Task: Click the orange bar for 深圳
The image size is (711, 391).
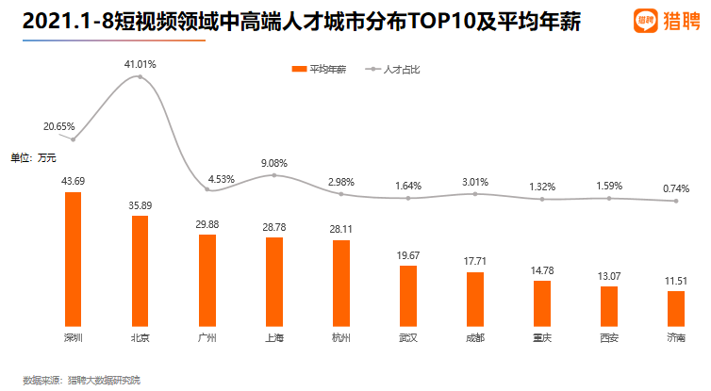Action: pyautogui.click(x=73, y=259)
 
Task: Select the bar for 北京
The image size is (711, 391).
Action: pyautogui.click(x=140, y=270)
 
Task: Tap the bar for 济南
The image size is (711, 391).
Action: pyautogui.click(x=676, y=308)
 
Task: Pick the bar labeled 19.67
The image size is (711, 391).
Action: pyautogui.click(x=407, y=296)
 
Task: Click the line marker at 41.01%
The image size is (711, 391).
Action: pyautogui.click(x=141, y=76)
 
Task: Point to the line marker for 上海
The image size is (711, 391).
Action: pyautogui.click(x=273, y=175)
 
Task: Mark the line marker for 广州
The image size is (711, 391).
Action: pyautogui.click(x=207, y=190)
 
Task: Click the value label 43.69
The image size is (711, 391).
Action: pyautogui.click(x=73, y=181)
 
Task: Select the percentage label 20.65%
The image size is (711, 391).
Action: pyautogui.click(x=59, y=126)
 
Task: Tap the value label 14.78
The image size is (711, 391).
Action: pyautogui.click(x=541, y=270)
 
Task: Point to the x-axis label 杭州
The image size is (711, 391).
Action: pyautogui.click(x=340, y=337)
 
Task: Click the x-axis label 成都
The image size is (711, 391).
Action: pyautogui.click(x=474, y=337)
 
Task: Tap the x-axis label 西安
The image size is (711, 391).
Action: pyautogui.click(x=608, y=337)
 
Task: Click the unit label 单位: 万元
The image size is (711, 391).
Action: pyautogui.click(x=34, y=157)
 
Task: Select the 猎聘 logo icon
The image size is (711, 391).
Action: pyautogui.click(x=645, y=20)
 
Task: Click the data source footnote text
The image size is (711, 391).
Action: pyautogui.click(x=81, y=380)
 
